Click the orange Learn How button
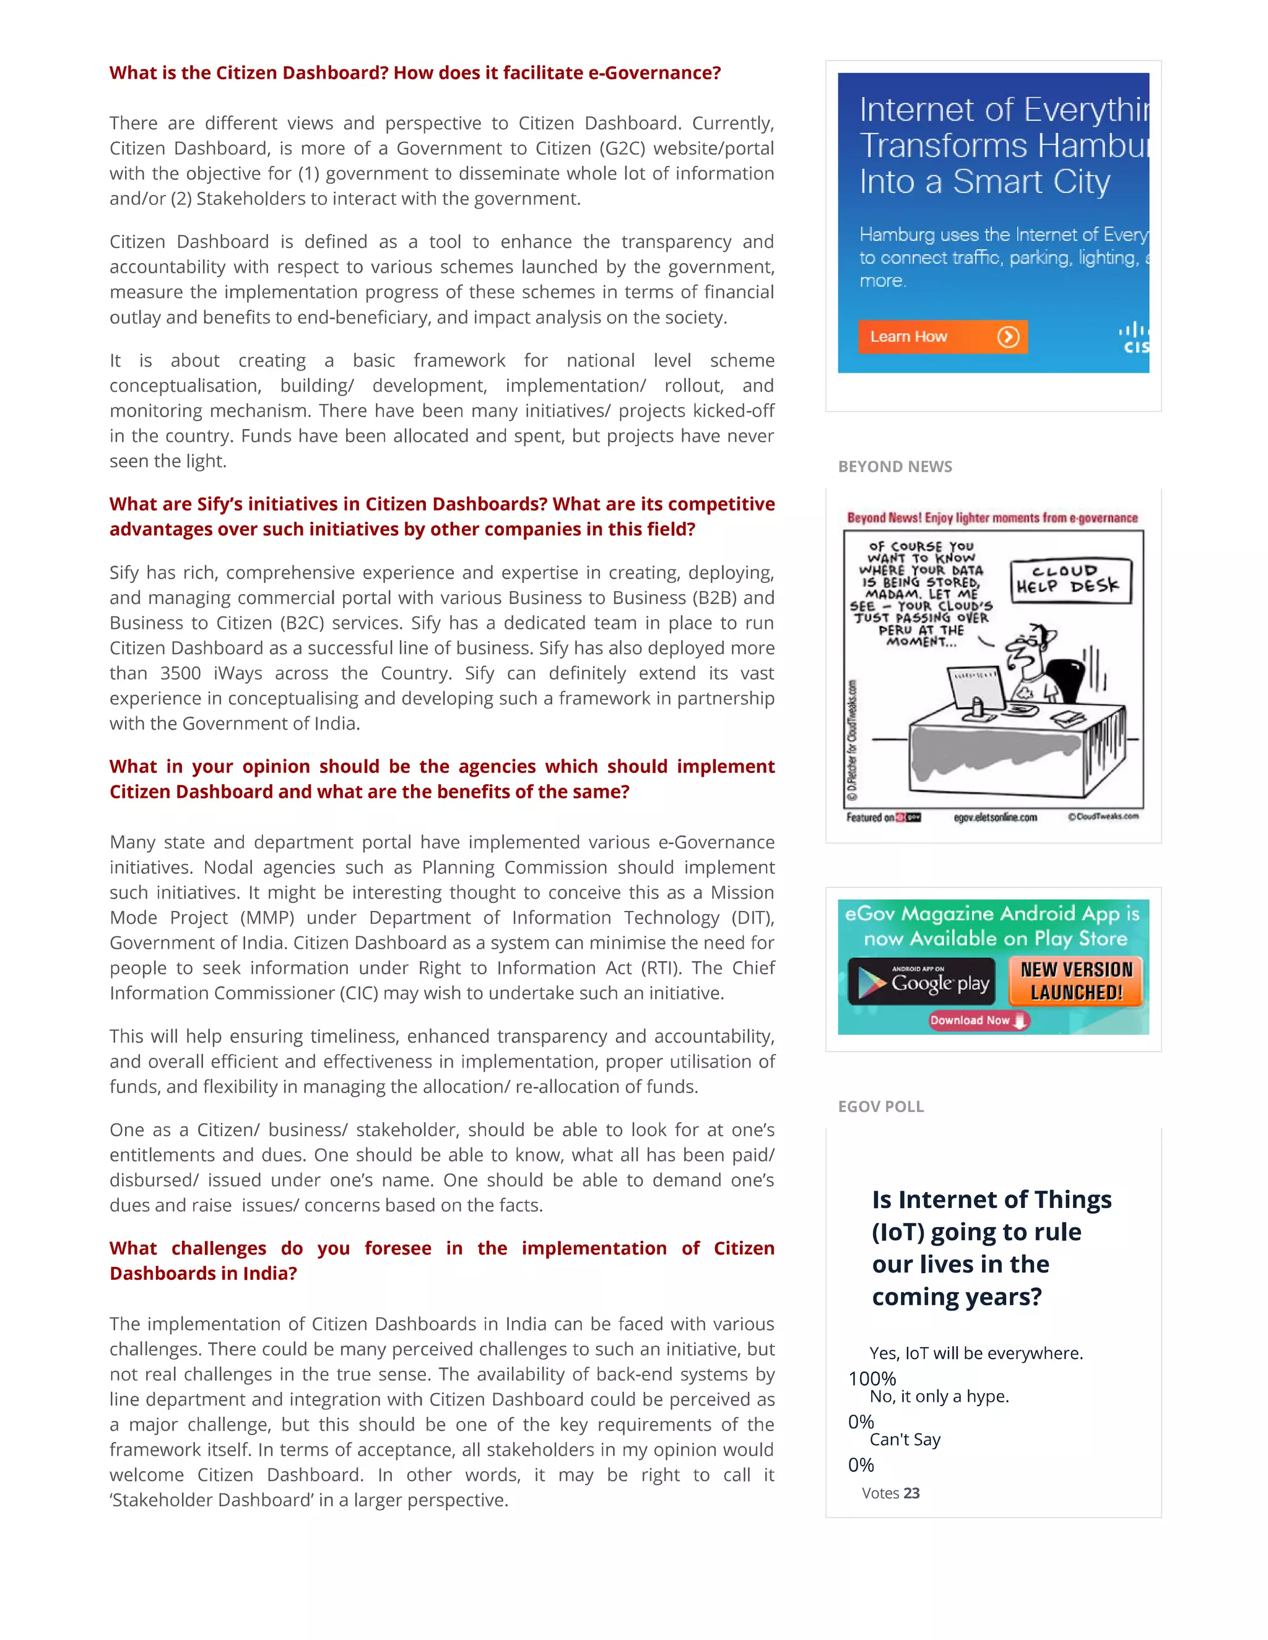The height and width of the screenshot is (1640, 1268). point(942,337)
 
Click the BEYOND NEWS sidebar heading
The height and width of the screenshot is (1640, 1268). point(895,467)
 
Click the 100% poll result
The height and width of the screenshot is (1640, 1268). point(872,1379)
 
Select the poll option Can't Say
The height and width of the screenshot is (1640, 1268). point(905,1439)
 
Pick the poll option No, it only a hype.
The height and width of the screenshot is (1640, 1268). point(939,1396)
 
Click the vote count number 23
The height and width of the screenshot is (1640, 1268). point(911,1493)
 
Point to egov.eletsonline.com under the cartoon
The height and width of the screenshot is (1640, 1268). point(994,817)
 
